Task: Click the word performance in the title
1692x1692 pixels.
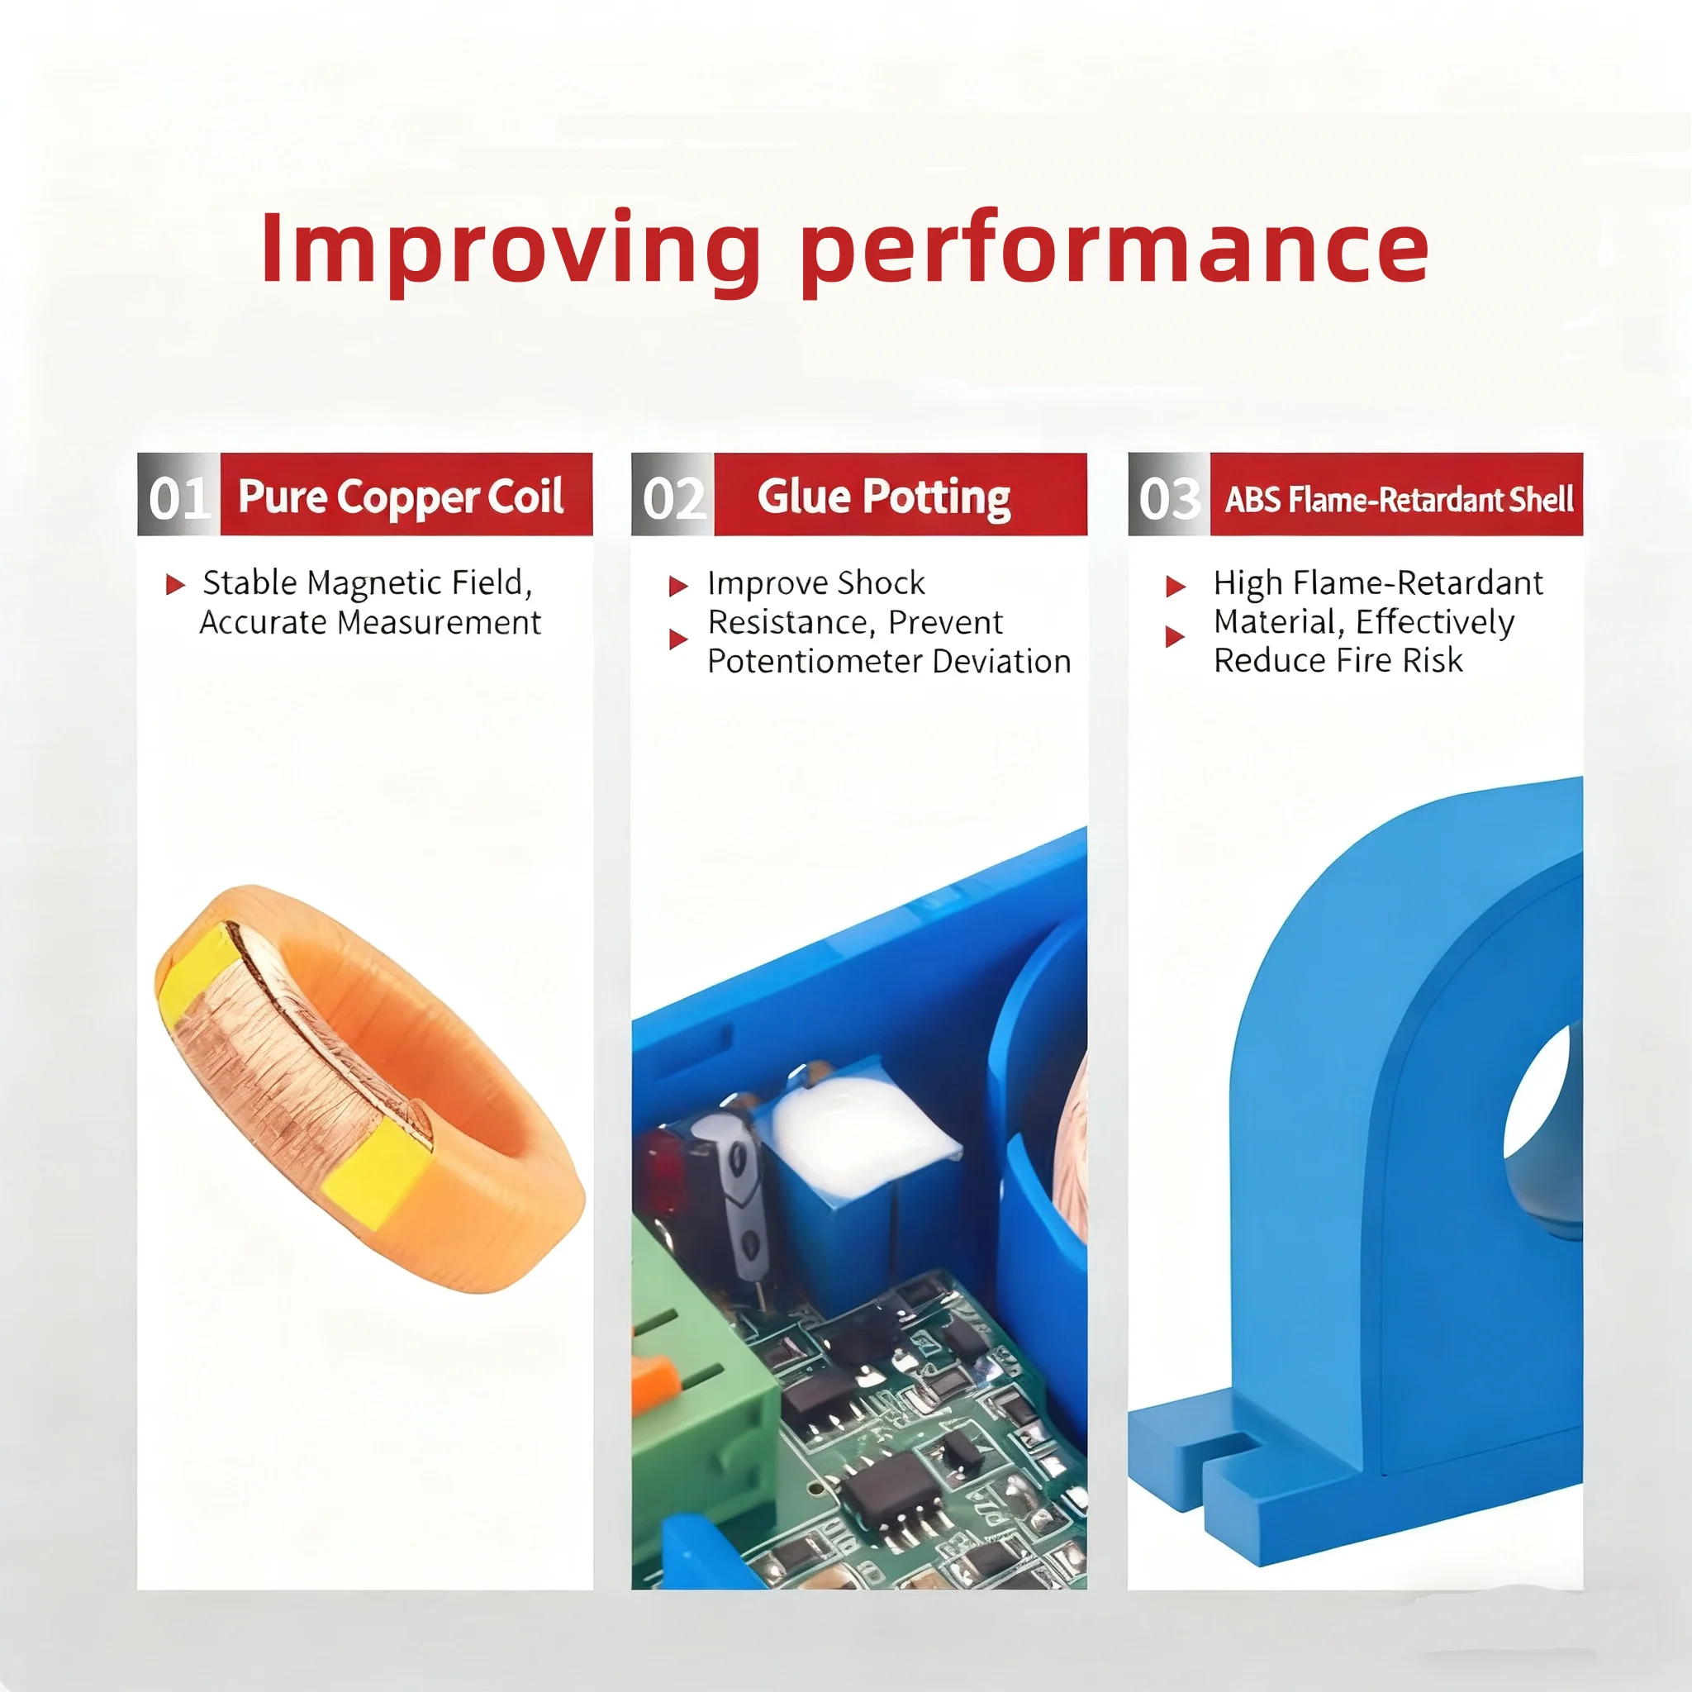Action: point(1114,250)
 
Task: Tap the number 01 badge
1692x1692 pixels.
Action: point(178,497)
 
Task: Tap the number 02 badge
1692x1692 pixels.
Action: point(673,497)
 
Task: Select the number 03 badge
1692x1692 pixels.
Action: point(1168,497)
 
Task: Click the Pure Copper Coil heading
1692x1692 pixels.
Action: point(401,497)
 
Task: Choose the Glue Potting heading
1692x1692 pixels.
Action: point(884,497)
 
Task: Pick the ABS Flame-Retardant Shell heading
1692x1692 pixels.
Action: point(1398,499)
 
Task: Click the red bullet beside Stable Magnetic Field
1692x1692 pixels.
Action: point(175,584)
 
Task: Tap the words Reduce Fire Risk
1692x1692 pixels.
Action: point(1338,660)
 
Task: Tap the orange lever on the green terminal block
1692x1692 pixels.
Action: point(657,1385)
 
